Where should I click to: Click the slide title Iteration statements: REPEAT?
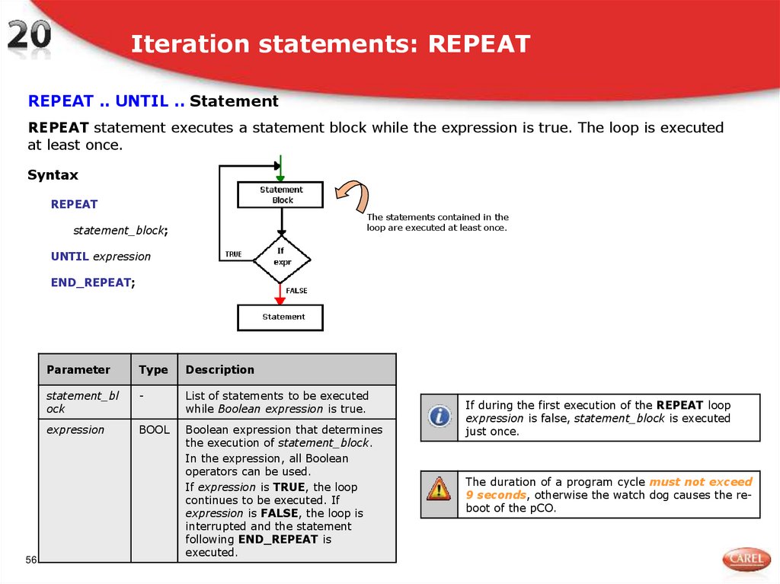330,44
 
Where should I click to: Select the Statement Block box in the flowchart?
281,195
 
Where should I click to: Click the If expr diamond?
281,257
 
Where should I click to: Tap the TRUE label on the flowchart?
233,254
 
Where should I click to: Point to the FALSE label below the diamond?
296,291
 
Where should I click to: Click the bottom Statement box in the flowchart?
281,317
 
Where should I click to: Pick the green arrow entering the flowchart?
281,168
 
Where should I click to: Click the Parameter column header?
78,370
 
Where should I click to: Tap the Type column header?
153,370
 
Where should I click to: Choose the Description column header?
220,370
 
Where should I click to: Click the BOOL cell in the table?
154,430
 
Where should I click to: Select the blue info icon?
439,416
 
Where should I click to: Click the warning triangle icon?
439,487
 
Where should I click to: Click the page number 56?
31,560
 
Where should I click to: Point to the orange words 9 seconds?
495,495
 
